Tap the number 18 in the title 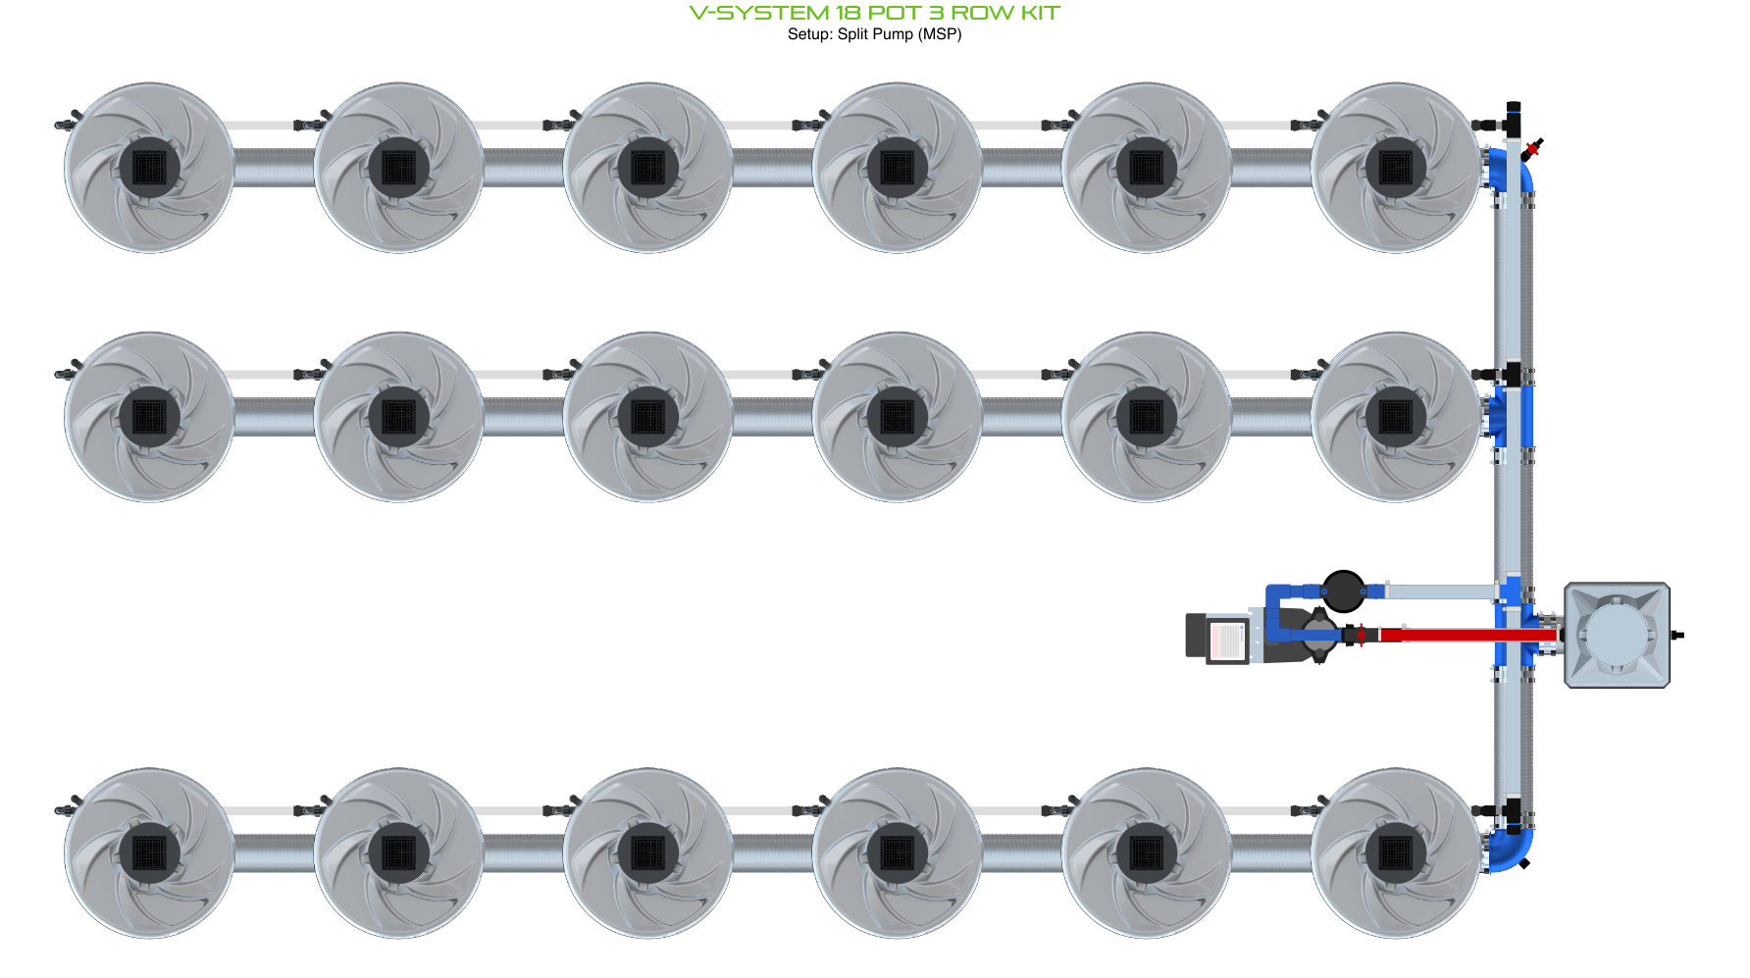(848, 13)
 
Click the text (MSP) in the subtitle (940, 34)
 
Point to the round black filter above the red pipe (1343, 592)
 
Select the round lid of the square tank (1616, 635)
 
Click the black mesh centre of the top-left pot (149, 168)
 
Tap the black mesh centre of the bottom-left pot (149, 852)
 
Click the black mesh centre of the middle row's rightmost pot (1395, 417)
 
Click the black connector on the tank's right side (1677, 635)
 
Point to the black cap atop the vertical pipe (1514, 106)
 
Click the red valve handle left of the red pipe (1360, 635)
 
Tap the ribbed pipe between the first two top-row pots (274, 168)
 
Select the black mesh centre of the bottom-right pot (1395, 852)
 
